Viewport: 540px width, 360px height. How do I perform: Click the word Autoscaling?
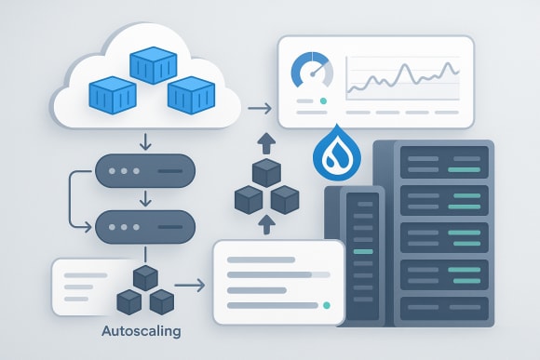tap(142, 331)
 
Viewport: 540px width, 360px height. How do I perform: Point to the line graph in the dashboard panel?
tap(402, 79)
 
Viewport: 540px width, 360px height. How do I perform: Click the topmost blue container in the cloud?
tap(152, 64)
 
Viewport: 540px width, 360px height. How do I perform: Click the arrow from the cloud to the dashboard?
tap(262, 111)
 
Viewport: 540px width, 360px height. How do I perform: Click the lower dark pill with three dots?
tap(145, 226)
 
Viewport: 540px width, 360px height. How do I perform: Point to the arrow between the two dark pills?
tap(144, 200)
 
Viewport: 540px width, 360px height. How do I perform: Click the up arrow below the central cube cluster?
tap(266, 223)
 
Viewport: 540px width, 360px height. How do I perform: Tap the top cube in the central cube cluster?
tap(267, 173)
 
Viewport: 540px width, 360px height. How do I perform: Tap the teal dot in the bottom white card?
tap(326, 304)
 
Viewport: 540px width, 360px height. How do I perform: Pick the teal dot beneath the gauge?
tap(322, 100)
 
